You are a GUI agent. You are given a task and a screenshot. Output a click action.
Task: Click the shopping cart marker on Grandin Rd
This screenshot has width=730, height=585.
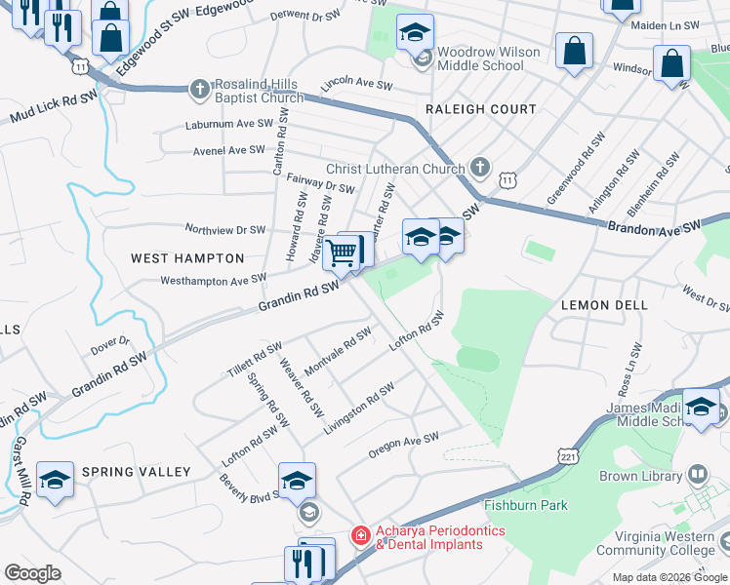(x=341, y=253)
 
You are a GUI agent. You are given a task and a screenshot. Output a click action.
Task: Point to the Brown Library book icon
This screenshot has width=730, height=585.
(x=697, y=476)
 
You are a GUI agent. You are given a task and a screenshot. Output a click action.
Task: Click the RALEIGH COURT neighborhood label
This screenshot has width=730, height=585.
(x=480, y=109)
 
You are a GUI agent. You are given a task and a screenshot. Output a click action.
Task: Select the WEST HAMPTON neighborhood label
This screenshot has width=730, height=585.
(x=187, y=258)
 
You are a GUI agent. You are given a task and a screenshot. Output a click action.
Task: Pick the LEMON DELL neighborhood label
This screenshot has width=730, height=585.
(x=605, y=305)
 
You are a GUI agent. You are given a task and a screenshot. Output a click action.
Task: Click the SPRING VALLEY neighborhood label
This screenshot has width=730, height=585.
(x=137, y=472)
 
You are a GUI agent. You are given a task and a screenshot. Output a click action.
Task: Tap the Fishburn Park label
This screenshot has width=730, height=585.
(x=526, y=505)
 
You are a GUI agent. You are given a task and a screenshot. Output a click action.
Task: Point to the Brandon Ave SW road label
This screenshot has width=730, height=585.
(x=655, y=226)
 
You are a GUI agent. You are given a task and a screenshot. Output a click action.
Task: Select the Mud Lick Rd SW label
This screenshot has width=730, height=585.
(x=54, y=108)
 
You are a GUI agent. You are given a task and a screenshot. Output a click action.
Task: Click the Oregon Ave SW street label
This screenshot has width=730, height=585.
(x=404, y=446)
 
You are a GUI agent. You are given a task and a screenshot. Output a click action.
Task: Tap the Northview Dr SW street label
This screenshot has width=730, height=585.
(x=225, y=230)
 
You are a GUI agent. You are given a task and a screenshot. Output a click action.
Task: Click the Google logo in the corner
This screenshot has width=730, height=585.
(x=32, y=573)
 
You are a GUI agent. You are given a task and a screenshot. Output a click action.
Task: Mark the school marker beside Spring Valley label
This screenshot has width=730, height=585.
(x=56, y=480)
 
